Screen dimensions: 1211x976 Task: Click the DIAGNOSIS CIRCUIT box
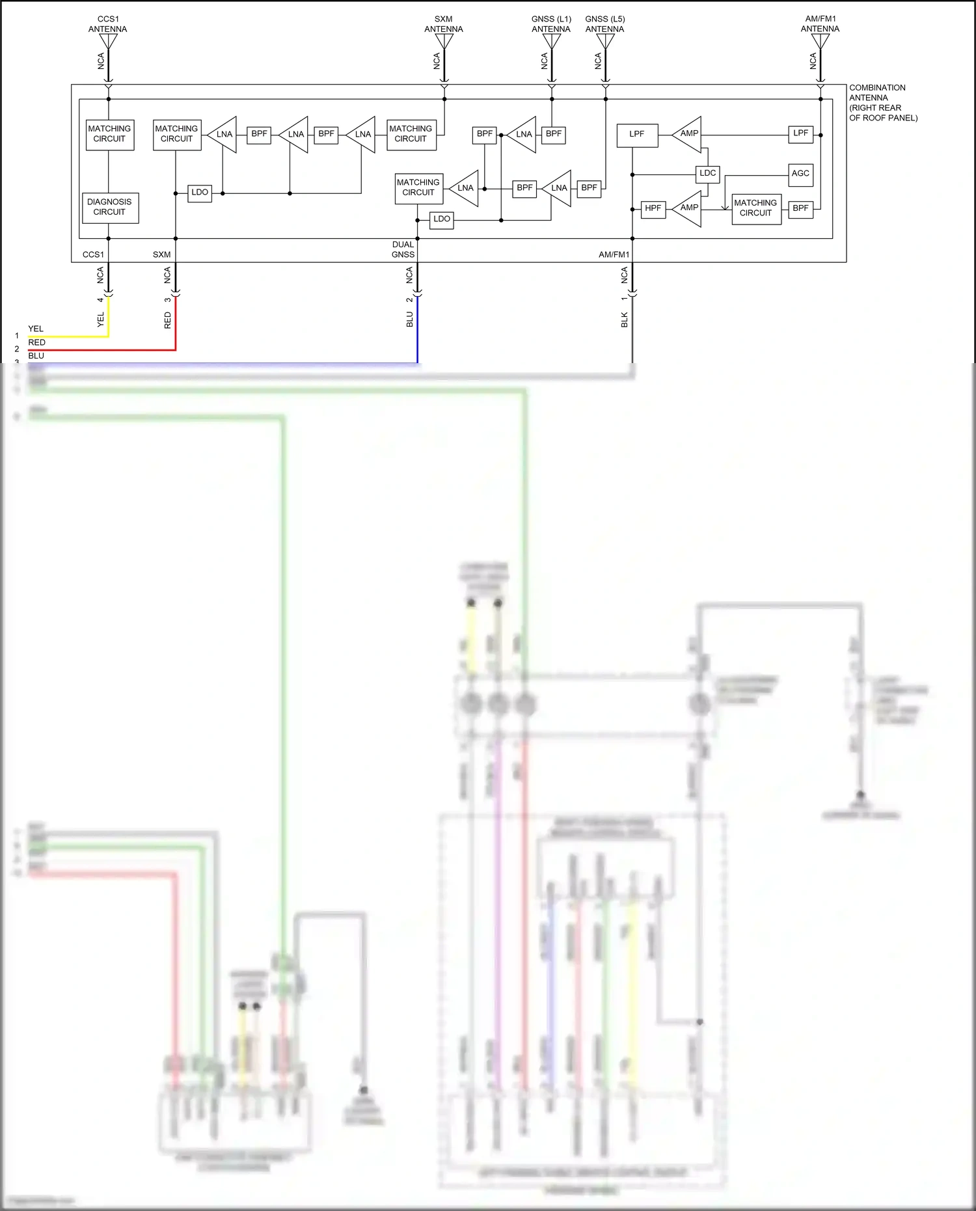(x=110, y=208)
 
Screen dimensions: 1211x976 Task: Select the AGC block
(x=800, y=174)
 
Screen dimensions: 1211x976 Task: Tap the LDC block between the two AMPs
(x=707, y=174)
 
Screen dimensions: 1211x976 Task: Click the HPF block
(x=653, y=208)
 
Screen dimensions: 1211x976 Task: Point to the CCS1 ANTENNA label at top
(x=108, y=24)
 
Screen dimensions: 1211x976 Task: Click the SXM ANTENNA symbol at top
(x=444, y=42)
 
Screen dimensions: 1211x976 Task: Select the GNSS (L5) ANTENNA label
(x=604, y=24)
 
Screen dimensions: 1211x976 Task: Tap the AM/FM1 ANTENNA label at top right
(x=820, y=24)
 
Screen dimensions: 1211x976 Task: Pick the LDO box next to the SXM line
(x=200, y=193)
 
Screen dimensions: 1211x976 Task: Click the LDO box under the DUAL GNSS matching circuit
(x=441, y=219)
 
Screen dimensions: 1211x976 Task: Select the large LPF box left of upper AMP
(x=637, y=135)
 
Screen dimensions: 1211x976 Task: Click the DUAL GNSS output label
(x=403, y=250)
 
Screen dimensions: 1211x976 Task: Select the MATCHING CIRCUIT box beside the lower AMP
(x=755, y=208)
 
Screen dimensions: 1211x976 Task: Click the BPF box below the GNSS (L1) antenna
(x=553, y=134)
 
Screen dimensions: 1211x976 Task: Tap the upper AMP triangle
(x=688, y=134)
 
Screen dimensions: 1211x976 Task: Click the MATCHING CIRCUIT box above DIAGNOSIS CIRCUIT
(x=110, y=134)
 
